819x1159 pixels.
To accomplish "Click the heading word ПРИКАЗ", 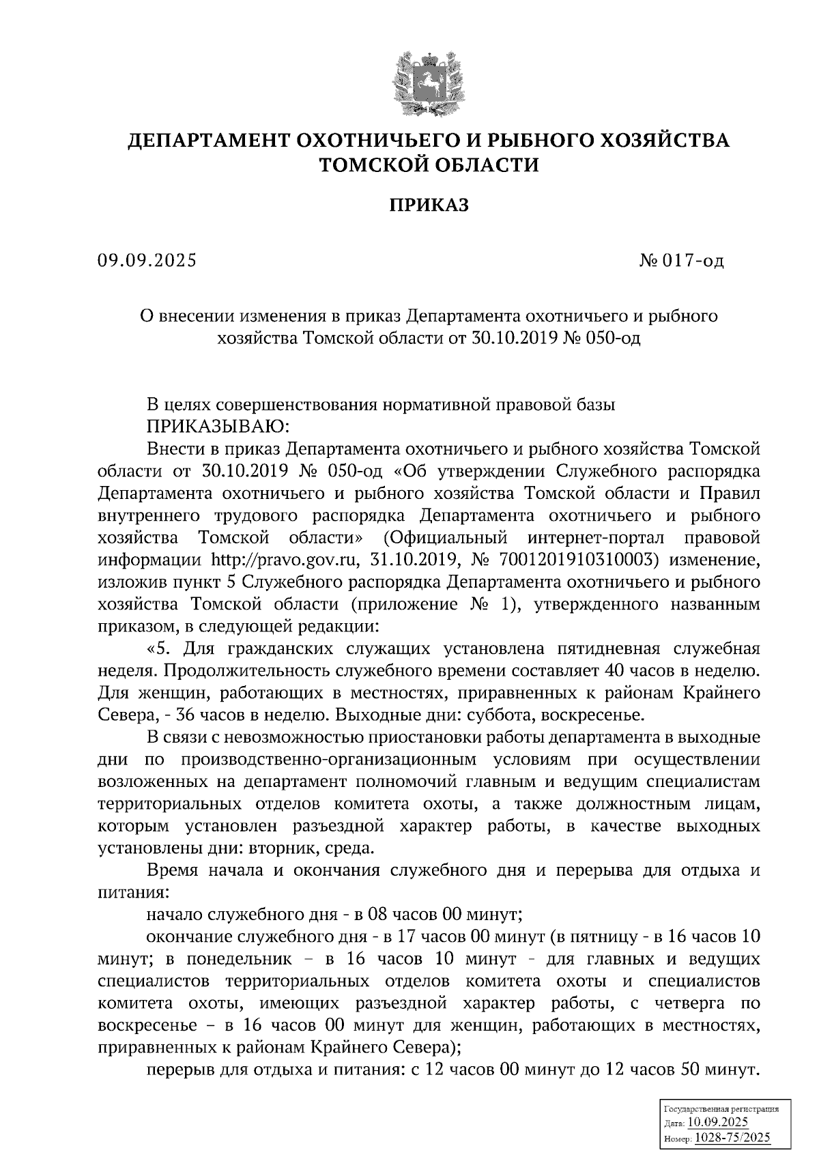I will pos(429,205).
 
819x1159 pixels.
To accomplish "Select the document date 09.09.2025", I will pos(147,260).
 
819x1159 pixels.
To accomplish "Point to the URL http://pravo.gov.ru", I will pos(285,560).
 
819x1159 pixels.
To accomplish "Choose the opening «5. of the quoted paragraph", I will pos(158,648).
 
